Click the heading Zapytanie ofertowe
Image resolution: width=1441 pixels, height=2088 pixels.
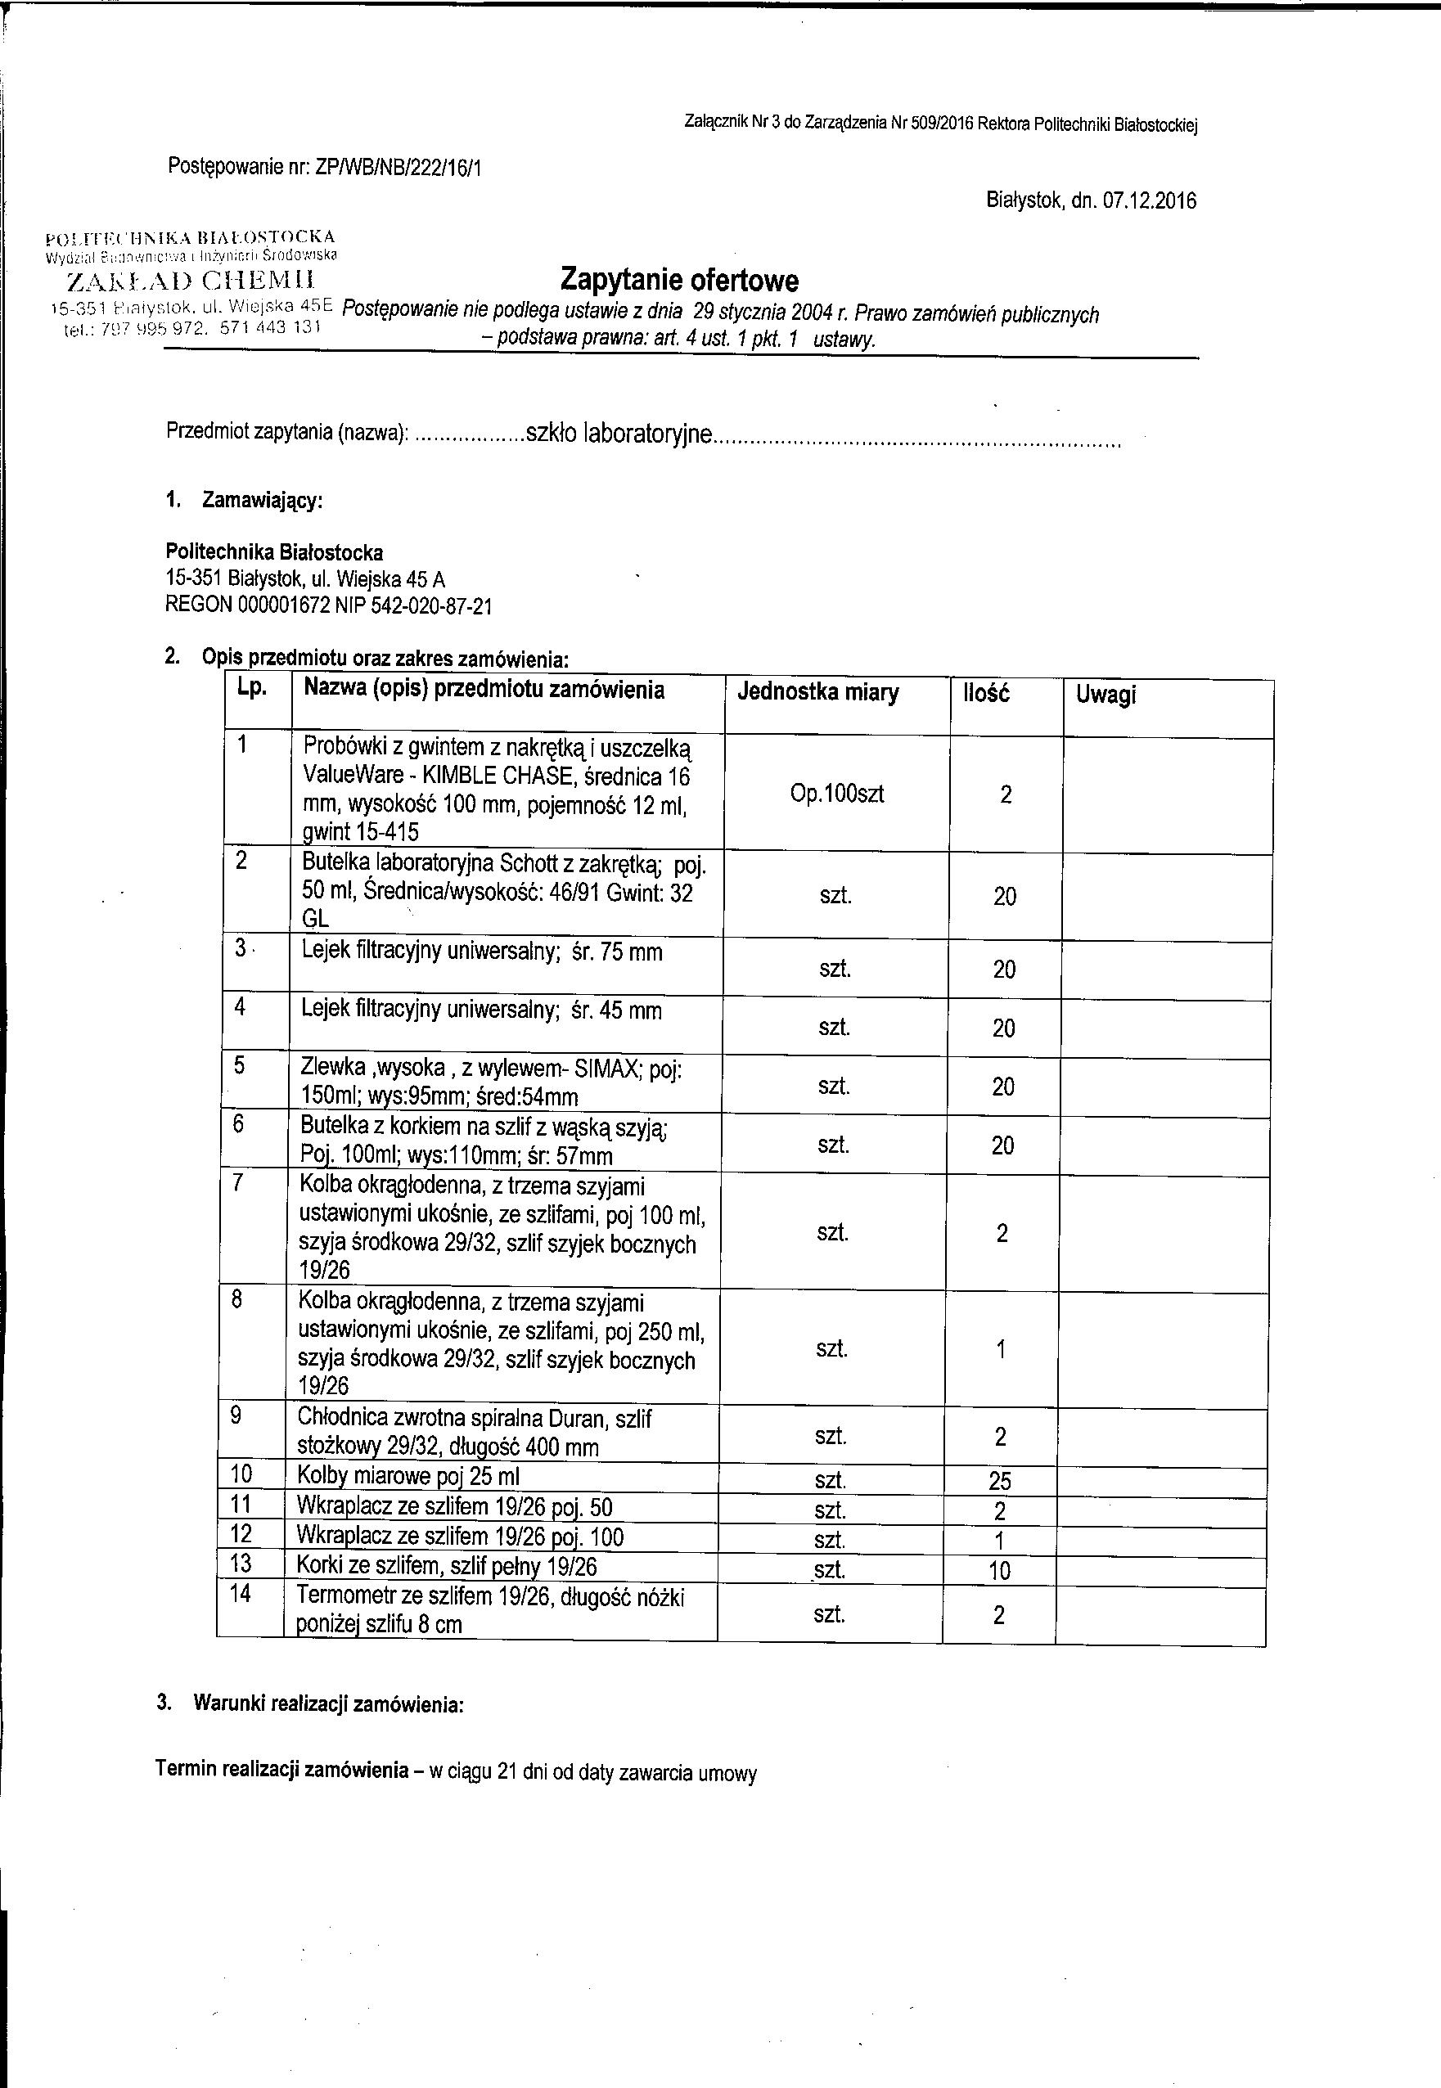[x=679, y=280]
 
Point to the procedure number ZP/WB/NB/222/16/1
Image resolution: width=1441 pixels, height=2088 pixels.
[x=397, y=167]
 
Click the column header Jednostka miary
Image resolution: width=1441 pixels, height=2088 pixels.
[x=818, y=692]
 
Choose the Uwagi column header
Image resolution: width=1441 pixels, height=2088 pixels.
[x=1106, y=695]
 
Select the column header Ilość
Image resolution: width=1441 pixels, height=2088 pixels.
[x=986, y=693]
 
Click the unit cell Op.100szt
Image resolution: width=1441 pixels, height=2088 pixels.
[x=837, y=794]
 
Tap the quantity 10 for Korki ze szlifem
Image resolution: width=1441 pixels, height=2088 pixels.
[x=998, y=1571]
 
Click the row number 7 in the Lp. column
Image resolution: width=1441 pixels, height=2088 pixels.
[x=237, y=1183]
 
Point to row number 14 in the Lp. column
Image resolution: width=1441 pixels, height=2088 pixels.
[x=239, y=1594]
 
